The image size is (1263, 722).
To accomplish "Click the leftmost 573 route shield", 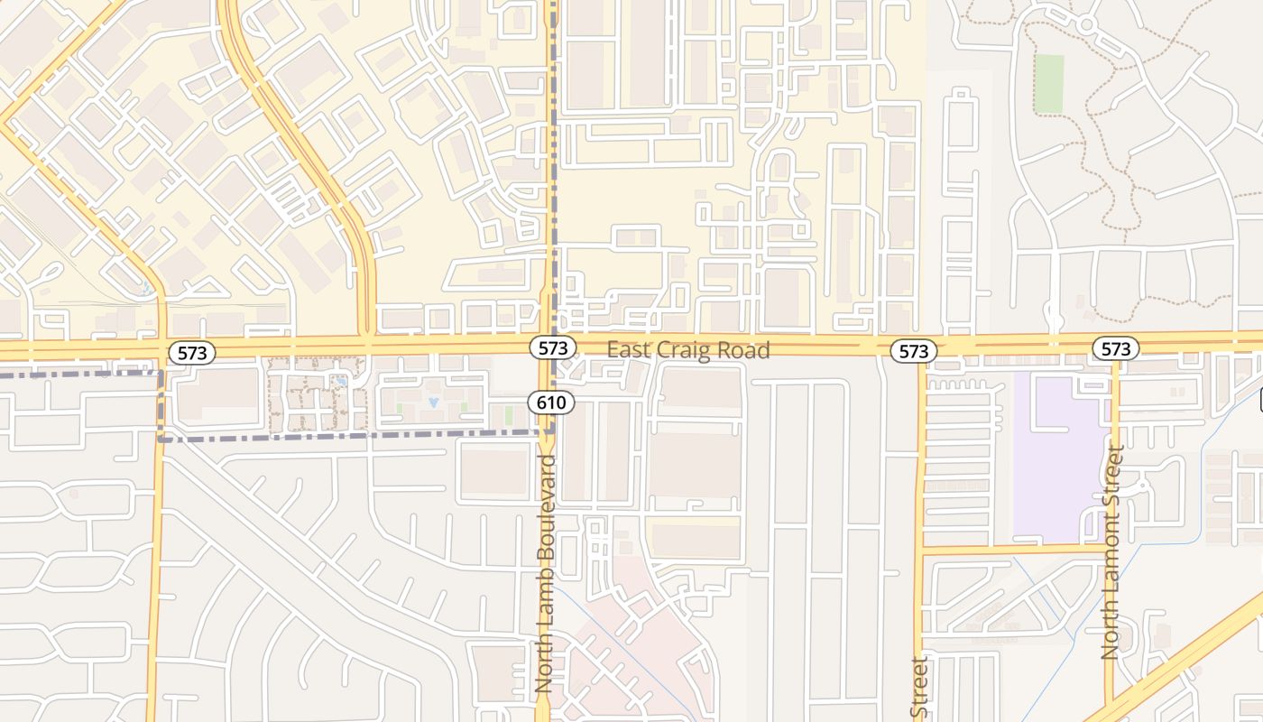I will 192,353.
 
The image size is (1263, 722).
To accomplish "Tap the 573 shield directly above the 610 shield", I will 553,347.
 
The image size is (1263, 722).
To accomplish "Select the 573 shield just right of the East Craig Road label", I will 914,351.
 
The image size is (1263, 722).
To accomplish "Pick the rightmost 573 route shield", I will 1116,348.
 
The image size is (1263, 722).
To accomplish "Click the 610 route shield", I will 550,403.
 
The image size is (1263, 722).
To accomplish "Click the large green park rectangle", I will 1049,83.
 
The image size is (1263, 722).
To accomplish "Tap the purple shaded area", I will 1056,469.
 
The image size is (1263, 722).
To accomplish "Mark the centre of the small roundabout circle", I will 1086,24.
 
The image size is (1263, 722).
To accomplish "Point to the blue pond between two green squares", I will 434,400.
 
